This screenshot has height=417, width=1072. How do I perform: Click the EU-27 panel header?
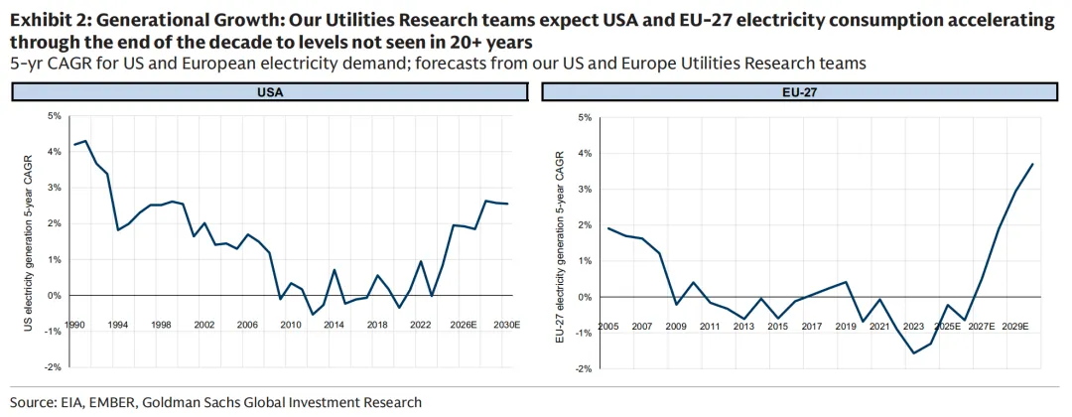(x=804, y=91)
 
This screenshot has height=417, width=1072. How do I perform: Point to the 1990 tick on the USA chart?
(x=74, y=325)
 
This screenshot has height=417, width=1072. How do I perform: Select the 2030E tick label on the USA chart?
(x=508, y=325)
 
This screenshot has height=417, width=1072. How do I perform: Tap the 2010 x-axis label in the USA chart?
(x=290, y=325)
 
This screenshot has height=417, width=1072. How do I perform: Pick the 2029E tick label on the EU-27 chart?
(x=1015, y=326)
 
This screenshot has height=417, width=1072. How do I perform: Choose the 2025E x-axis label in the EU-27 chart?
(x=948, y=326)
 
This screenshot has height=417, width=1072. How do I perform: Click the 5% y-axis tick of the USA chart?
(x=54, y=116)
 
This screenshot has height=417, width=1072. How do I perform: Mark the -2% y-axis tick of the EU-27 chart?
(x=583, y=368)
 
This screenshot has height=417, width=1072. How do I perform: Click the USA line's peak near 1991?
(x=85, y=141)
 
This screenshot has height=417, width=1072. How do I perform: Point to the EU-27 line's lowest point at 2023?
(x=914, y=352)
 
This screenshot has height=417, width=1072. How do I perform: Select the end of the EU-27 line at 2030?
(x=1033, y=164)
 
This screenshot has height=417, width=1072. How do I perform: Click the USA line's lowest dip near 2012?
(x=312, y=314)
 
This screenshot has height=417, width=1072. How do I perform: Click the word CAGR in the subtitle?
(x=56, y=64)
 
